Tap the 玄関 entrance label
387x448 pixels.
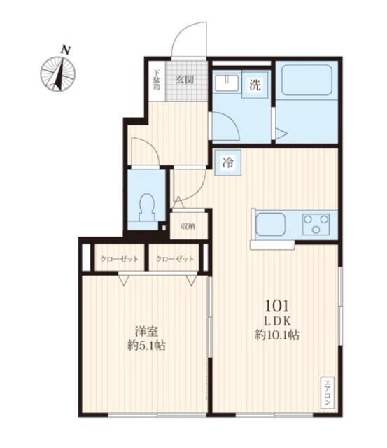click(x=185, y=80)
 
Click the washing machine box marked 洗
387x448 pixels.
click(x=255, y=85)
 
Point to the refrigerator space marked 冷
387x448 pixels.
click(x=228, y=162)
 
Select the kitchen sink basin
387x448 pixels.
click(x=270, y=224)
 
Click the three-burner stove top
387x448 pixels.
click(x=316, y=224)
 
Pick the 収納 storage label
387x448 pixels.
click(x=188, y=227)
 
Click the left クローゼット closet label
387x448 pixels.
click(x=120, y=259)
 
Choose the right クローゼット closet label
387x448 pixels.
click(x=175, y=259)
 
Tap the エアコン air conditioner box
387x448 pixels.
click(x=328, y=392)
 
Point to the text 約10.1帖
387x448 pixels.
click(x=277, y=335)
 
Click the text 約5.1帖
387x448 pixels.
click(x=146, y=346)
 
